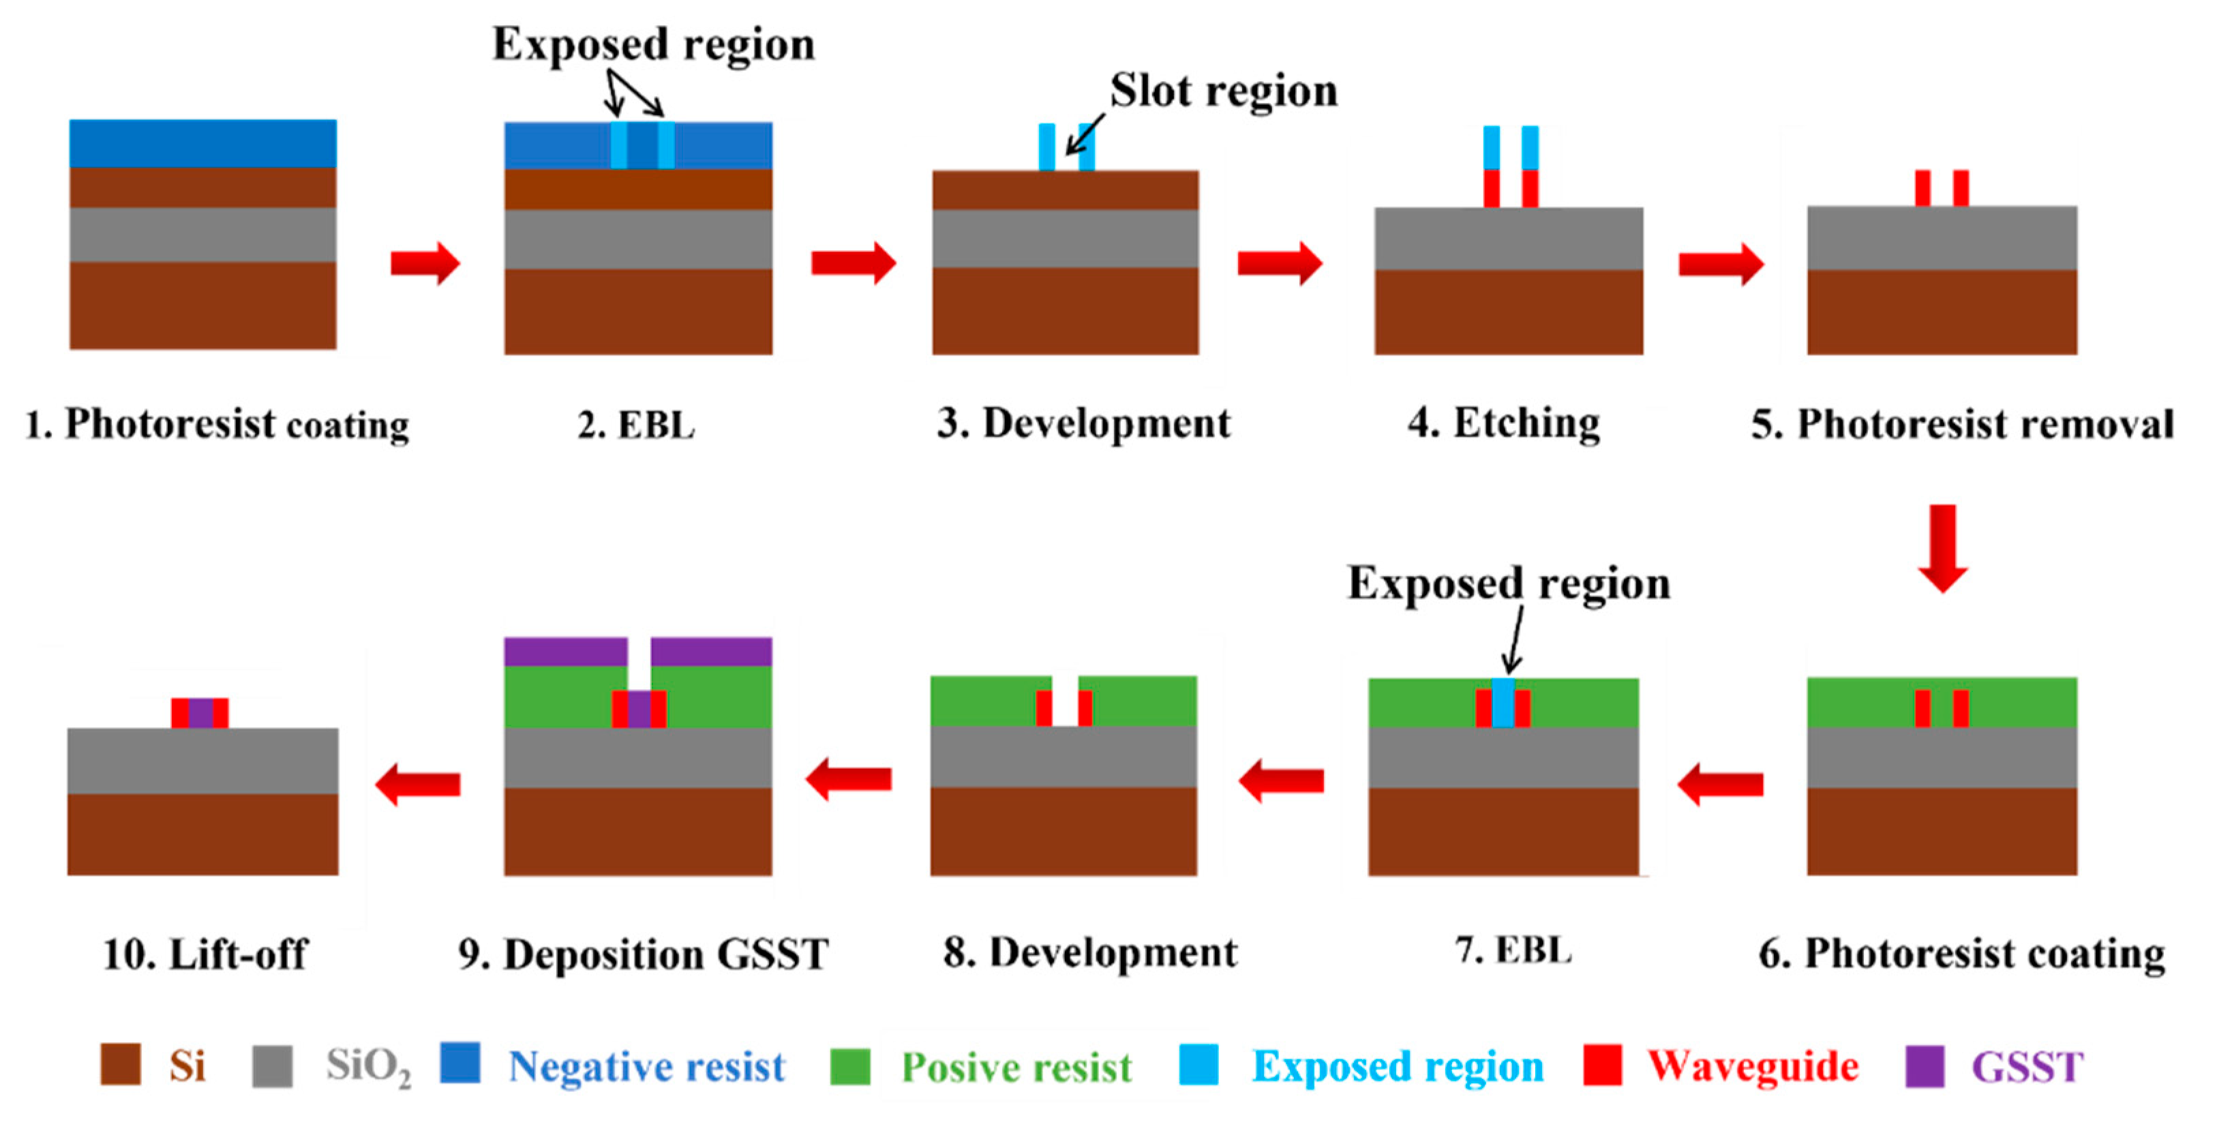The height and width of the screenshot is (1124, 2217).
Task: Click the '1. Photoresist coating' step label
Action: coord(217,424)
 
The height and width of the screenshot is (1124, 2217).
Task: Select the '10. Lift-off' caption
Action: coord(204,954)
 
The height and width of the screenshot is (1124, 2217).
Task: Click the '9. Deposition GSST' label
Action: coord(643,954)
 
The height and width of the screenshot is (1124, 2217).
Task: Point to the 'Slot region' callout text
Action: coord(1223,91)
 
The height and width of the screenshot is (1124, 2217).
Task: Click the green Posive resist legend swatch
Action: coord(849,1065)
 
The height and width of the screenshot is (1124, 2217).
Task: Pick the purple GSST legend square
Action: coord(1925,1065)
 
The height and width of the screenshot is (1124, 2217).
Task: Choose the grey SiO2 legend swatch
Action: coord(272,1065)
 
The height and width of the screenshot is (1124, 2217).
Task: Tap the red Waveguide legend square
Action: coord(1603,1065)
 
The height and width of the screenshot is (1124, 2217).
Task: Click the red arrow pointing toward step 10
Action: coord(419,784)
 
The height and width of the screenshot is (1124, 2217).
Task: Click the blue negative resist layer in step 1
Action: coord(203,143)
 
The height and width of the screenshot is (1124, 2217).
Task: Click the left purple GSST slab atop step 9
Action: coord(565,652)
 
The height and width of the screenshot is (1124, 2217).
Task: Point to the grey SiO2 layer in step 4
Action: coord(1508,239)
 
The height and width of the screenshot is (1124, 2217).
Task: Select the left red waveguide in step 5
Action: coord(1922,187)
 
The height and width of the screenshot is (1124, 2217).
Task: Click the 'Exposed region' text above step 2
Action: coord(653,44)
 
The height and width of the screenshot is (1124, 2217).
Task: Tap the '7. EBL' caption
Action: coord(1512,950)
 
